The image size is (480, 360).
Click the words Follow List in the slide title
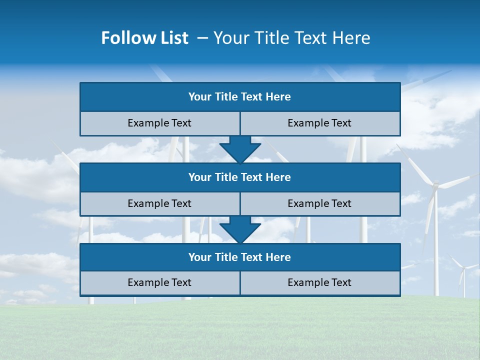[x=144, y=38]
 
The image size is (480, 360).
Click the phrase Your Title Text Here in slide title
[x=291, y=38]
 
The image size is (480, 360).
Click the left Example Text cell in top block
[x=159, y=123]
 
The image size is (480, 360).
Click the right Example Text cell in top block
[x=319, y=123]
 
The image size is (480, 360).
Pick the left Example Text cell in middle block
[x=159, y=203]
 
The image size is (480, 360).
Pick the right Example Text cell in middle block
[x=319, y=203]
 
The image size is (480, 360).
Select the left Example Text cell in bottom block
[x=159, y=282]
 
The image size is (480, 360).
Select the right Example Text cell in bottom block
[x=319, y=282]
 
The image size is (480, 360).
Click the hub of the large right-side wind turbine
[x=435, y=185]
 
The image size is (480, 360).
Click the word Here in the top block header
[x=278, y=97]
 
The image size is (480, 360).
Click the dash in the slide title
[x=202, y=38]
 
